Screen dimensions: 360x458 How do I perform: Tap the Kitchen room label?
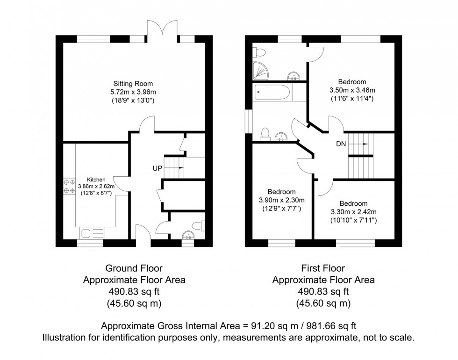pyautogui.click(x=96, y=179)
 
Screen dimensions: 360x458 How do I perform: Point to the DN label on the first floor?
pyautogui.click(x=341, y=144)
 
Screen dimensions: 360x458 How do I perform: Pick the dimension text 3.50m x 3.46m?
pyautogui.click(x=352, y=90)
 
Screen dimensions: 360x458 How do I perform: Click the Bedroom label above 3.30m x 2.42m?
pyautogui.click(x=353, y=203)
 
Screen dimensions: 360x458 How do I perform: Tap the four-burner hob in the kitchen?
pyautogui.click(x=69, y=186)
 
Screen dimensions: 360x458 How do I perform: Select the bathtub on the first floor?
pyautogui.click(x=272, y=93)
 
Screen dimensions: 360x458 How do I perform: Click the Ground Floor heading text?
pyautogui.click(x=134, y=268)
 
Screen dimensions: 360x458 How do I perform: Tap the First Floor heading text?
pyautogui.click(x=323, y=268)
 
